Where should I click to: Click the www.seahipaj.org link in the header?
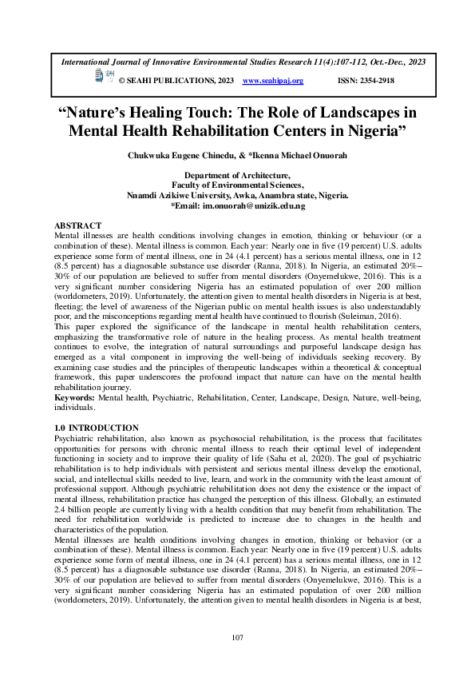pos(273,82)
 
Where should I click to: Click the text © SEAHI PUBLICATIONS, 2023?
pos(176,82)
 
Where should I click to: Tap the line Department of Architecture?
pos(237,174)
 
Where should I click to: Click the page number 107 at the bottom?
pos(237,637)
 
